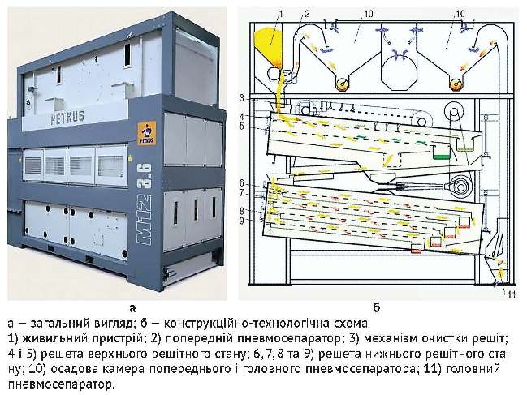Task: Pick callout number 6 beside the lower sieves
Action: (241, 182)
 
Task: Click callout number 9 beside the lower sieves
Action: (241, 220)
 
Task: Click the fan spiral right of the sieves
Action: (461, 183)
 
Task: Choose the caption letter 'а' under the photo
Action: (132, 308)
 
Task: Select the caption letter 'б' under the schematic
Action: (376, 308)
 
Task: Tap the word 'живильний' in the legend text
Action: (49, 336)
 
